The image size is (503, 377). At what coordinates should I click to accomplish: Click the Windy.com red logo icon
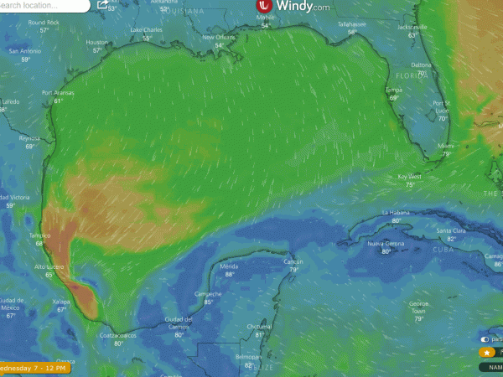(x=263, y=7)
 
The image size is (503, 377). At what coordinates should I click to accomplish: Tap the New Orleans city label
(x=219, y=39)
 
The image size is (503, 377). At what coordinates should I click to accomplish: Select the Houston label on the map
(x=98, y=42)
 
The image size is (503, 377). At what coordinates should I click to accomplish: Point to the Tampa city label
(x=393, y=90)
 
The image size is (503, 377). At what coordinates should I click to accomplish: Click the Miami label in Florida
(x=446, y=146)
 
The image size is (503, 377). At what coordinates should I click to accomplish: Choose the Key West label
(x=410, y=176)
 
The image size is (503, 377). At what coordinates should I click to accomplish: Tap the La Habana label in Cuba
(x=397, y=213)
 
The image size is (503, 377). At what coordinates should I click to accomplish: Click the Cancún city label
(x=293, y=261)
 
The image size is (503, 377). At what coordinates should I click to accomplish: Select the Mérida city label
(x=229, y=266)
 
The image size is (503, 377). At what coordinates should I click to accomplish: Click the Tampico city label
(x=39, y=235)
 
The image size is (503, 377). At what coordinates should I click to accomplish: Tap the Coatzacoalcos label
(x=118, y=336)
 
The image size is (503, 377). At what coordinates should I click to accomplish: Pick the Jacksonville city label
(x=412, y=27)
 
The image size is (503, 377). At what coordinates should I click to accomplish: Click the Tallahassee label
(x=352, y=24)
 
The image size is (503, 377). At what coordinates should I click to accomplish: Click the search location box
(x=42, y=6)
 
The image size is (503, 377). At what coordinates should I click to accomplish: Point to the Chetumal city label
(x=260, y=326)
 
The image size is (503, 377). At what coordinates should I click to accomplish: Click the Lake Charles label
(x=147, y=30)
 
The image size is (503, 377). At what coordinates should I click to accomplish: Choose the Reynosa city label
(x=30, y=138)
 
